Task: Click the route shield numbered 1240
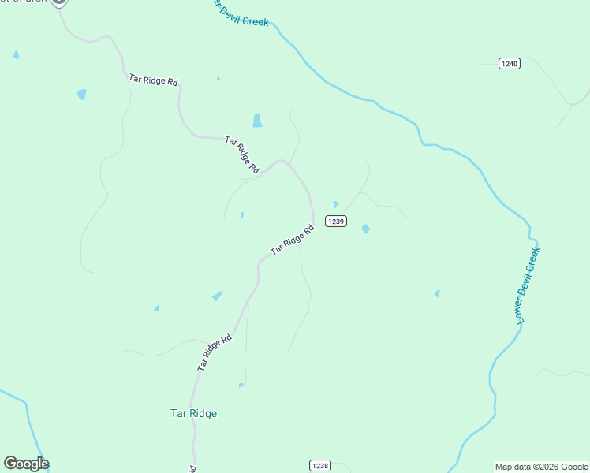(x=510, y=64)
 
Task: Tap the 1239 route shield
(x=335, y=222)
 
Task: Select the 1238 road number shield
(x=319, y=466)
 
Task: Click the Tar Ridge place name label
(x=193, y=413)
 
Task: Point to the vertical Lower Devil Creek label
(x=528, y=285)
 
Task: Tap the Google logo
(x=26, y=464)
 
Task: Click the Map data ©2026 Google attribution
(x=541, y=467)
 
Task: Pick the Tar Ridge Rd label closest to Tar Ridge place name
(x=215, y=352)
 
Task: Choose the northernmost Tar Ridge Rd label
(x=154, y=80)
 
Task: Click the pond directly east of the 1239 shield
(x=365, y=229)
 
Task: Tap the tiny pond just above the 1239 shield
(x=335, y=204)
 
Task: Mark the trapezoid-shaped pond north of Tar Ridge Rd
(x=257, y=121)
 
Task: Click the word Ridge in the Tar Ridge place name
(x=204, y=413)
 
